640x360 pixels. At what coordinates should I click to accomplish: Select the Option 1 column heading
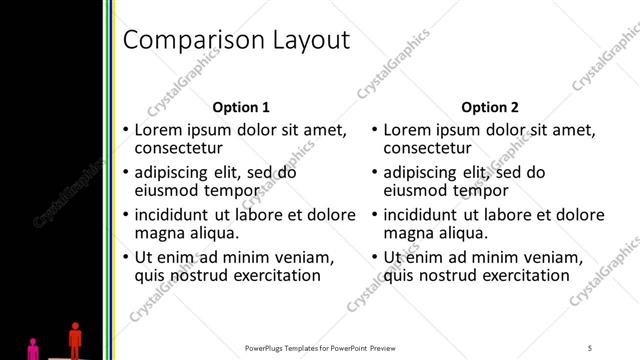(x=241, y=107)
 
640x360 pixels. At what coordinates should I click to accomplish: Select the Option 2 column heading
(x=490, y=107)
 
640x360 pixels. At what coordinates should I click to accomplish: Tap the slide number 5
(x=590, y=347)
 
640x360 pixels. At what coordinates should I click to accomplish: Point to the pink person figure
(x=33, y=348)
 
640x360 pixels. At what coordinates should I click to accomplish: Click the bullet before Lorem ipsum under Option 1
(x=125, y=130)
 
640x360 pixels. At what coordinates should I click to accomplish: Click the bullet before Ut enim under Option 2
(x=374, y=257)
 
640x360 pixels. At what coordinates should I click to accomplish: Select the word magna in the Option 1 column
(x=158, y=234)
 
